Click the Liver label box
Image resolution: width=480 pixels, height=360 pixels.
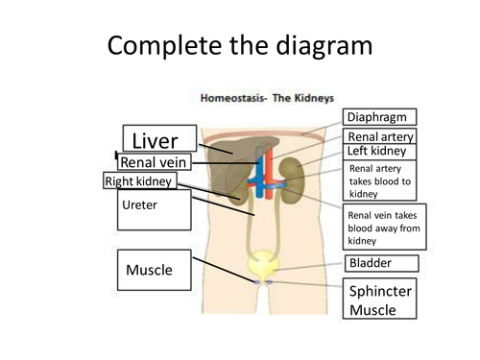159,138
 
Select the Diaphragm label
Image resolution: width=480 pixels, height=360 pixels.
379,117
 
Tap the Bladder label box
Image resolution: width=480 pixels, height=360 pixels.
382,263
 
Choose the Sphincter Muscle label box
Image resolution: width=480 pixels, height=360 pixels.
379,299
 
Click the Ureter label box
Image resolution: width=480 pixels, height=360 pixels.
155,210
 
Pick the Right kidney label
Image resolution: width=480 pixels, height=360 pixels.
140,180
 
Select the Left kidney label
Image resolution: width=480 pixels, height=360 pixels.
379,152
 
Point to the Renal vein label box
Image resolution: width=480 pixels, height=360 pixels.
155,162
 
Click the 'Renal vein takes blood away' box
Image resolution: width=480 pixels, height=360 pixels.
384,227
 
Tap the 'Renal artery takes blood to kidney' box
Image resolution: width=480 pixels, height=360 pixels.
379,180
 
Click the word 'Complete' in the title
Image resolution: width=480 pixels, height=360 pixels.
165,45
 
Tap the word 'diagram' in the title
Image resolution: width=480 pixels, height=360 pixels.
324,46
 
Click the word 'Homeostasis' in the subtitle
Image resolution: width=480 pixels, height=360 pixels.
233,98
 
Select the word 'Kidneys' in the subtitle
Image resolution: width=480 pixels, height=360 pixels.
314,98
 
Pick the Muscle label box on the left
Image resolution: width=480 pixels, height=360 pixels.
155,270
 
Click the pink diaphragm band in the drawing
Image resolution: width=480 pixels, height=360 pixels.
264,137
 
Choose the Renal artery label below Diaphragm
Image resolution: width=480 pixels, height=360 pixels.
379,135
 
